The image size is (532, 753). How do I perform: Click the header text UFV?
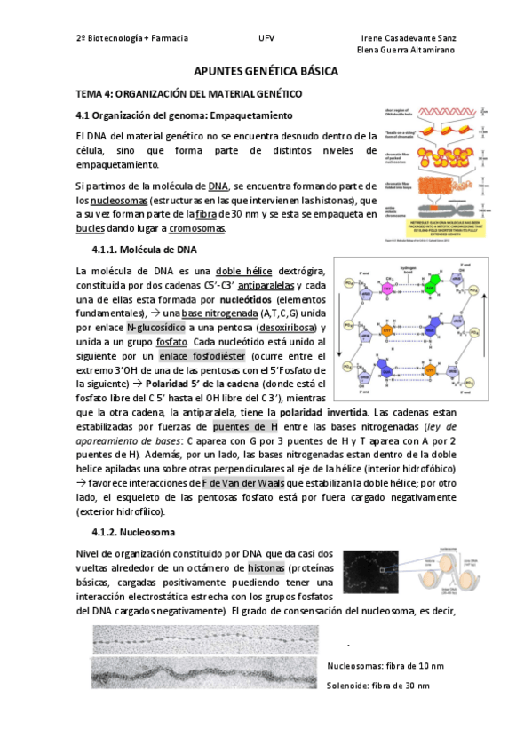coord(266,39)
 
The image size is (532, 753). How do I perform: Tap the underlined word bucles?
coord(91,228)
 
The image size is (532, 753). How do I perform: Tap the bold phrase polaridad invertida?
coord(323,413)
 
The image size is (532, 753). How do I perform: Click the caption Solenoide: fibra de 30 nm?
coord(378,686)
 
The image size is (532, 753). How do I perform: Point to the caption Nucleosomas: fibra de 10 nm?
coord(385,665)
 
